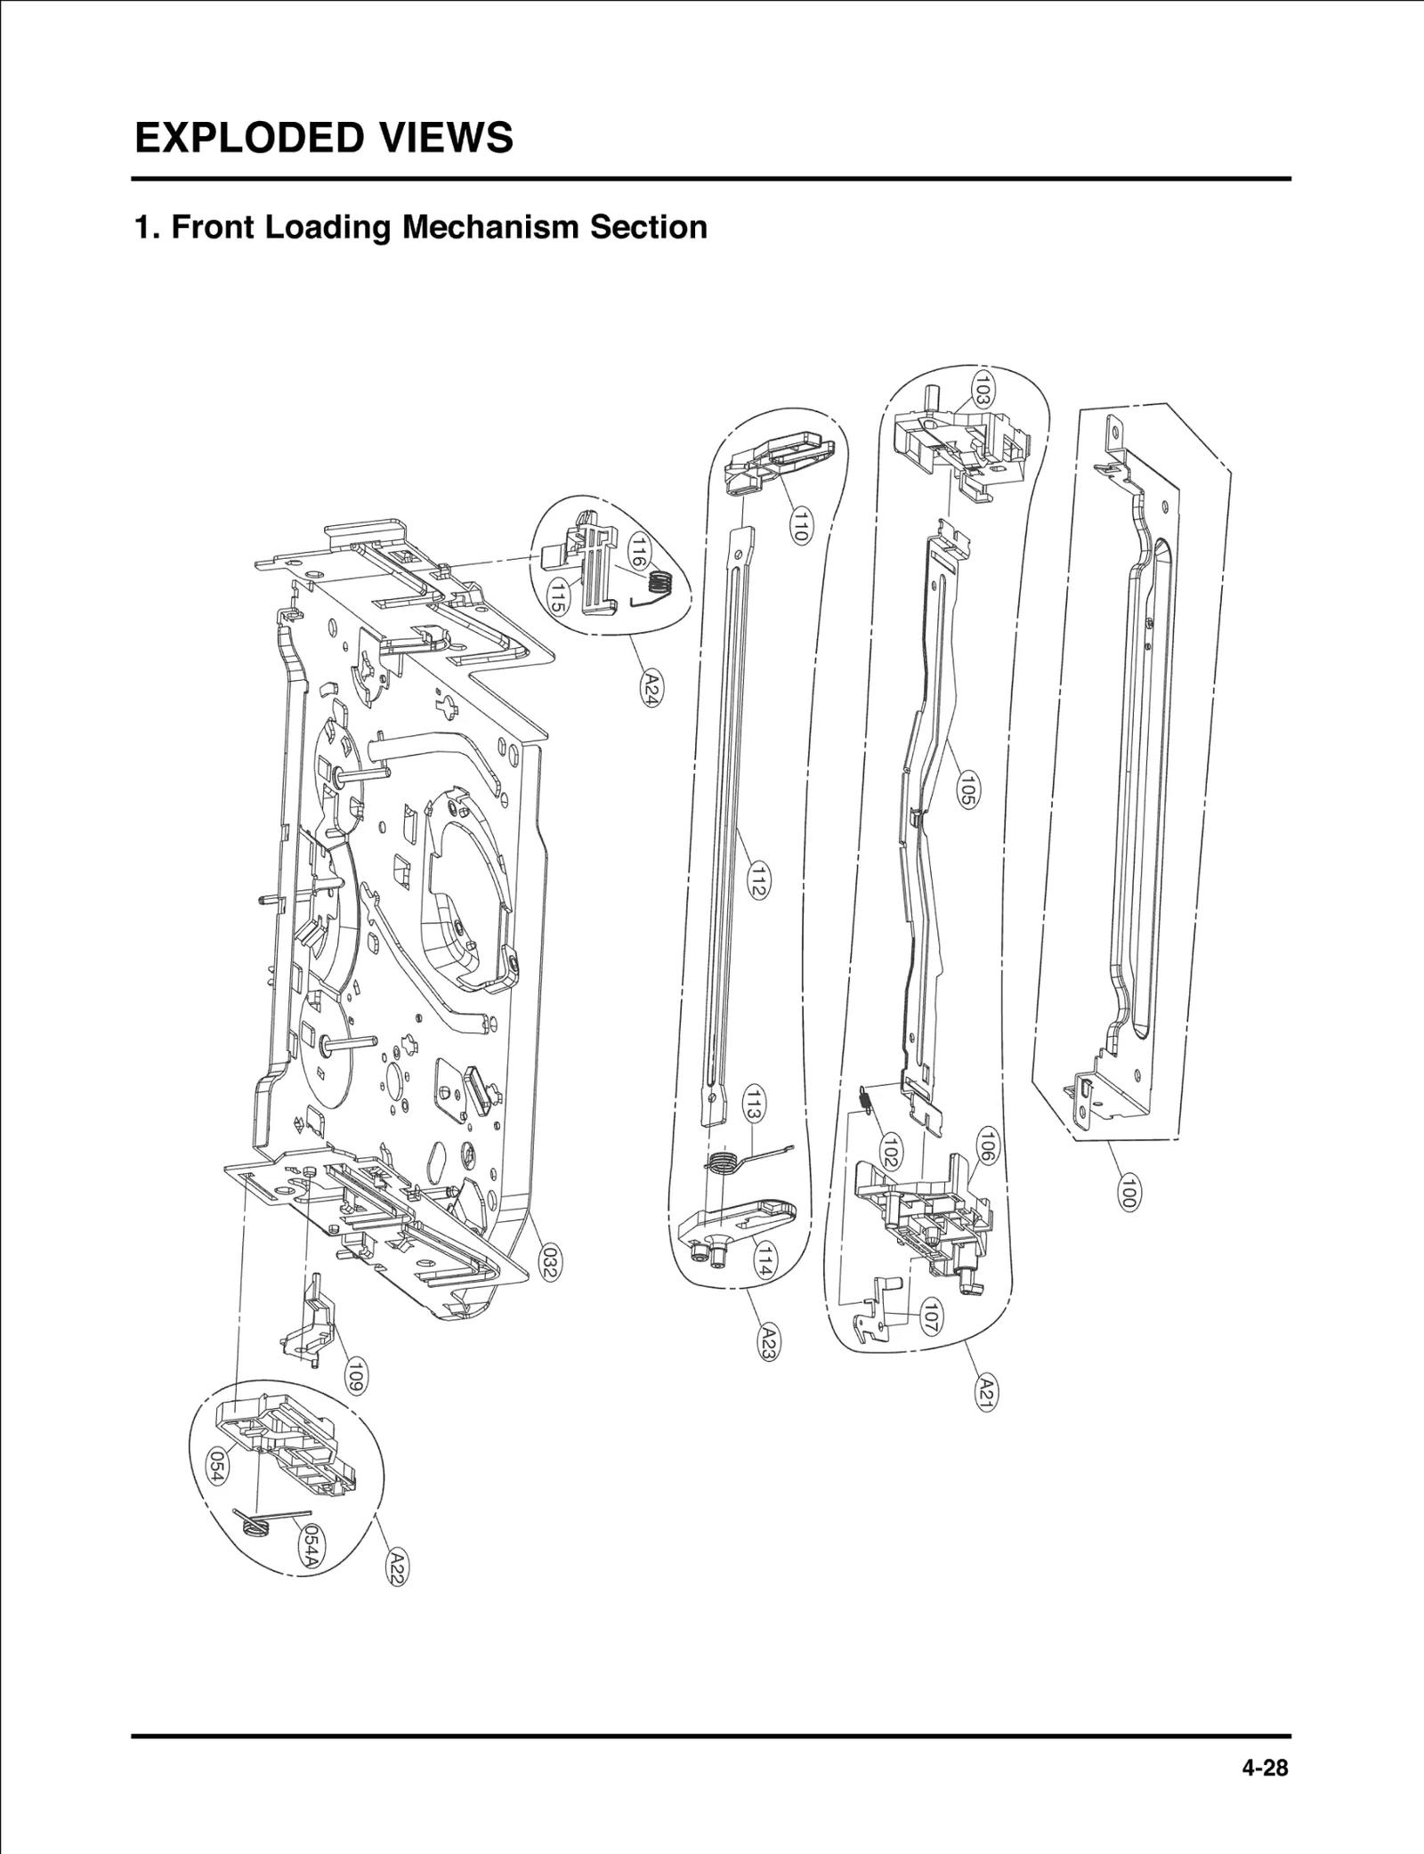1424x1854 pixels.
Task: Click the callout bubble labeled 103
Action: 983,390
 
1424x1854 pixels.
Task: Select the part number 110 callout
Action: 801,523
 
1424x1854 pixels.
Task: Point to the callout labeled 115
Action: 557,595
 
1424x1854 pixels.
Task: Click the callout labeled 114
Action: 763,1260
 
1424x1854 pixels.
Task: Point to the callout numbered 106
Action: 986,1146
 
